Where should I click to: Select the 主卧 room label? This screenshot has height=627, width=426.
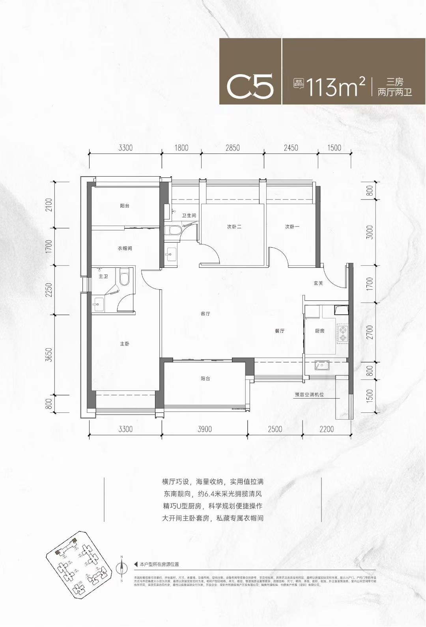tap(125, 344)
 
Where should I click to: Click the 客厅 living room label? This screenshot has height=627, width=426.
tap(205, 314)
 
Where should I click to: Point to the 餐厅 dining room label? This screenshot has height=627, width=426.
tap(280, 331)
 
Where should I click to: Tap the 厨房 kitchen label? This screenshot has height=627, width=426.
tap(319, 331)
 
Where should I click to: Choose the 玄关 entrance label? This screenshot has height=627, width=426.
tap(318, 283)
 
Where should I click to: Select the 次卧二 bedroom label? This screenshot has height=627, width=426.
tap(234, 227)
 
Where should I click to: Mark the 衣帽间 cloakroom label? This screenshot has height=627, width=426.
tap(125, 248)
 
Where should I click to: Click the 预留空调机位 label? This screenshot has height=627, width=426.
tap(309, 394)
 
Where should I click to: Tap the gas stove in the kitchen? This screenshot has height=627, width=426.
tap(342, 333)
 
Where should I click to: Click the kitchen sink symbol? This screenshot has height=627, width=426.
tap(322, 366)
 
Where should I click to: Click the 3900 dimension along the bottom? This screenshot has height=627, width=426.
tap(204, 429)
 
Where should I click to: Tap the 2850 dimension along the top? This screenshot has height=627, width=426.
tap(232, 148)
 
